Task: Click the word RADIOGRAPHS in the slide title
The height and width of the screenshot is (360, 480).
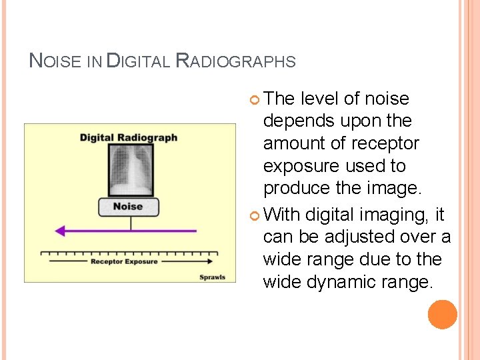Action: point(235,61)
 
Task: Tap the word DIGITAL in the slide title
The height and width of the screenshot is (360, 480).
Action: point(139,61)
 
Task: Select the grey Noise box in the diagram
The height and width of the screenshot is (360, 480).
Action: point(128,207)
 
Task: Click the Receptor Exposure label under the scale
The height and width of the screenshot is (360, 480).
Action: point(124,261)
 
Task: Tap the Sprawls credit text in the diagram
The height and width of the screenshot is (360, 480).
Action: point(212,277)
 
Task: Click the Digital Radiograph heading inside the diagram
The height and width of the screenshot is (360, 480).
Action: point(129,137)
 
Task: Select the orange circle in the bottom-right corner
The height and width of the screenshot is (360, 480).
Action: point(443,315)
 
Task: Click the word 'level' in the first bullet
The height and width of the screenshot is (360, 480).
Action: point(319,99)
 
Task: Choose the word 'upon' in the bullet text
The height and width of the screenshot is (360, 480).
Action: point(359,122)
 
